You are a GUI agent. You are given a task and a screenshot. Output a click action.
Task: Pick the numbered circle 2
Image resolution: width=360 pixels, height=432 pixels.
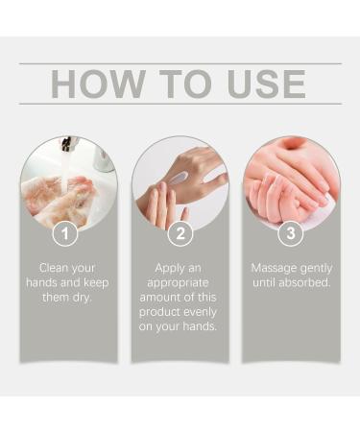(x=180, y=233)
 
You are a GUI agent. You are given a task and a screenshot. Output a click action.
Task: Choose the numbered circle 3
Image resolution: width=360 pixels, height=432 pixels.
(x=291, y=233)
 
